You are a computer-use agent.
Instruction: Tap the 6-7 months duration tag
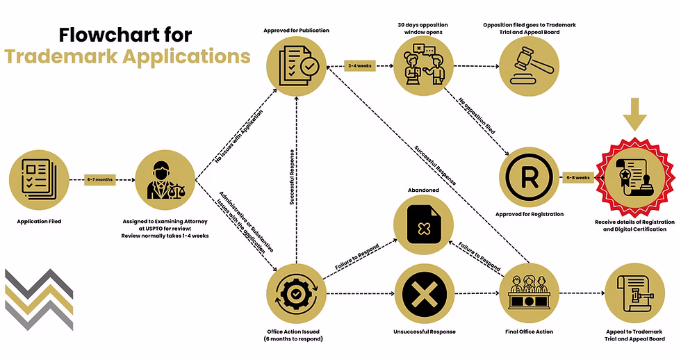coord(100,179)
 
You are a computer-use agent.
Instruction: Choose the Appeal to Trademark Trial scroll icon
coord(634,293)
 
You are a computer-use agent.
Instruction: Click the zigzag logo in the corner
coord(40,297)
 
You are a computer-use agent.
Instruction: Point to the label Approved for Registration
coord(530,214)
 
